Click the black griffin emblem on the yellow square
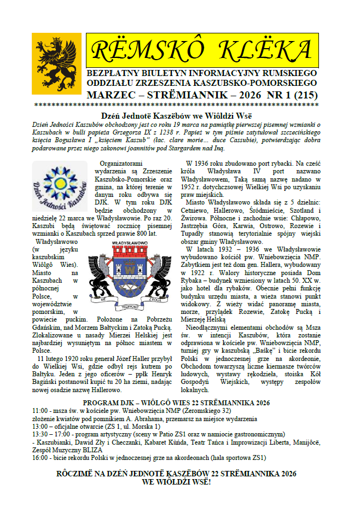click(56, 61)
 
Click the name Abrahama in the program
click(156, 418)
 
